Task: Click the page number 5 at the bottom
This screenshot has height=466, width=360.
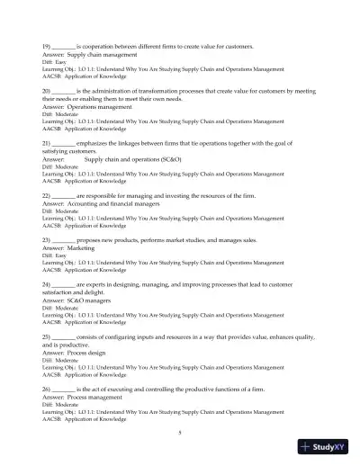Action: click(x=180, y=434)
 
